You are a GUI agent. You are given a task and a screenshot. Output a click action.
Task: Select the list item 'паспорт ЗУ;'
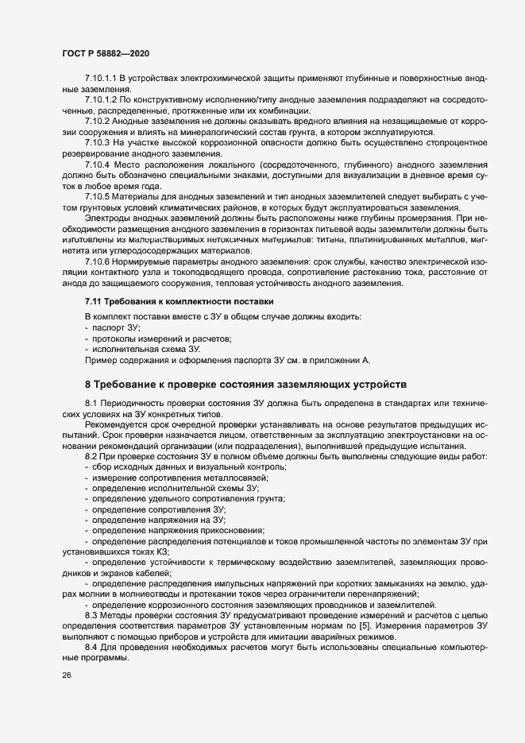click(x=116, y=327)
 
